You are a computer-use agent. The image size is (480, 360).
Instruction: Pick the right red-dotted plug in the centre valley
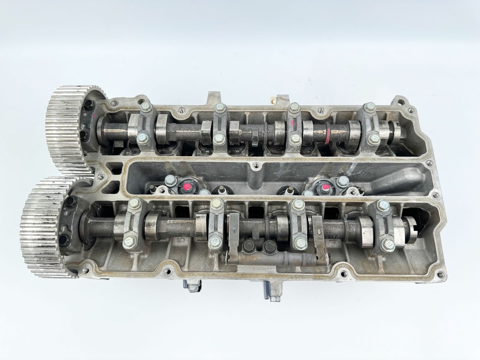coord(324,188)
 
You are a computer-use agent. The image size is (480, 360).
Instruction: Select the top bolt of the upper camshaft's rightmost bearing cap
coord(370,107)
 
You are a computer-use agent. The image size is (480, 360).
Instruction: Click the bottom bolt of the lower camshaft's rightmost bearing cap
coord(388,244)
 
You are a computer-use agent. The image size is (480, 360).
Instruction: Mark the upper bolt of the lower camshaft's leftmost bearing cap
coord(135,203)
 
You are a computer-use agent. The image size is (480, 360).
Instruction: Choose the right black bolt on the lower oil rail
coord(269,245)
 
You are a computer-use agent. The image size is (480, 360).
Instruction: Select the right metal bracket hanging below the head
coord(272,292)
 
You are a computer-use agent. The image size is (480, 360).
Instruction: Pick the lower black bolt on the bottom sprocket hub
coord(63,241)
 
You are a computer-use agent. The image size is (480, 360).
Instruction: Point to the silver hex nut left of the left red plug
coord(171,180)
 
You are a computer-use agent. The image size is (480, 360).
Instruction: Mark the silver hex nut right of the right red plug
coord(343,181)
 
